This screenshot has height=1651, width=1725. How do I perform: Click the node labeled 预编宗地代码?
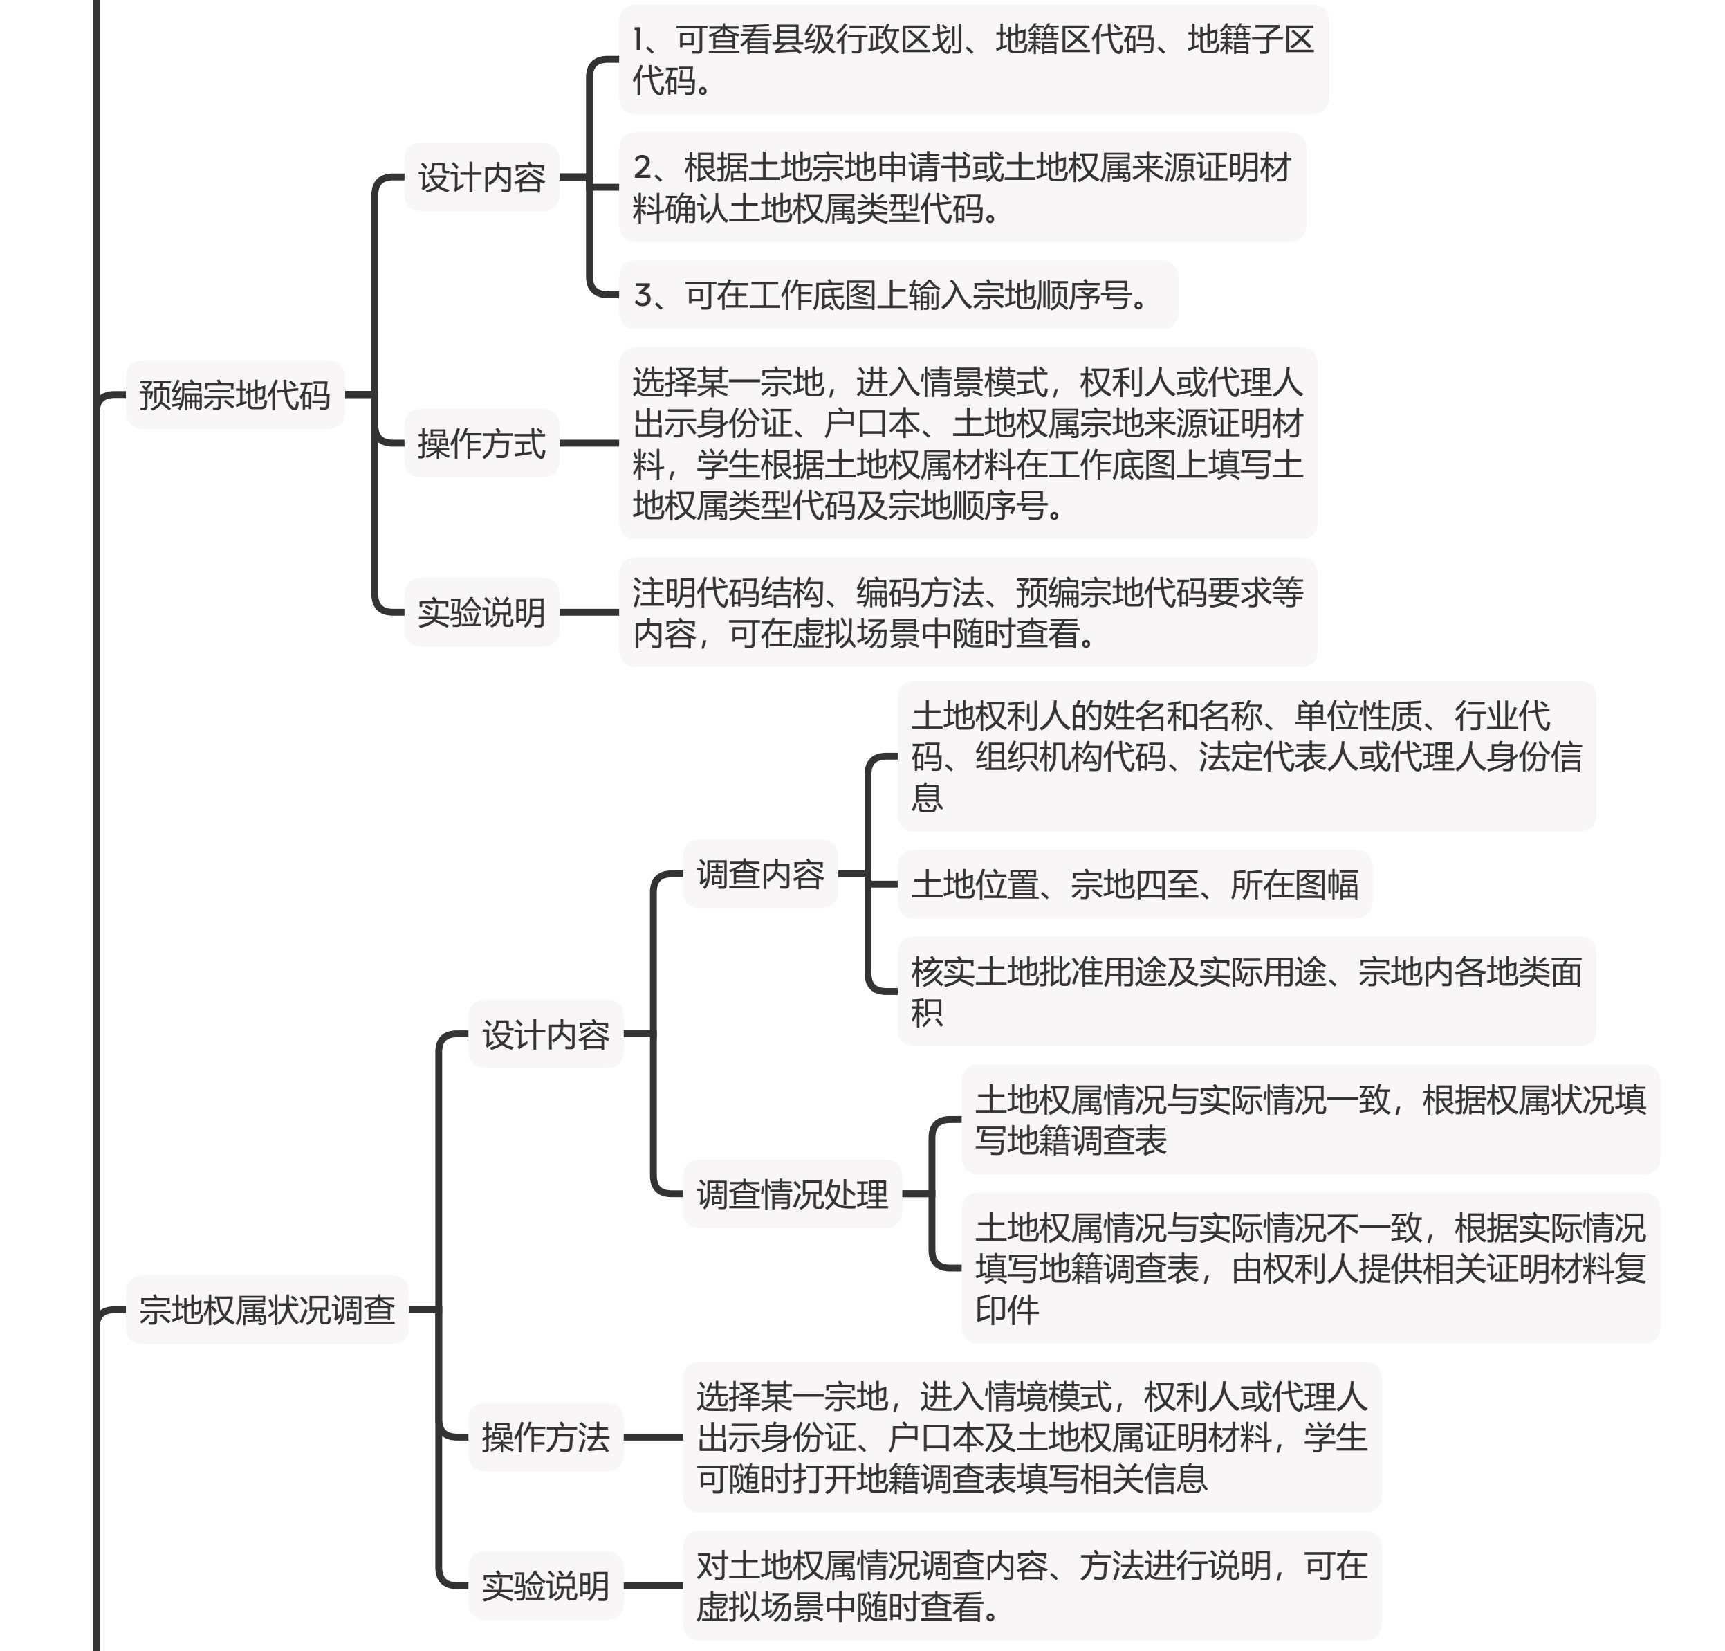click(235, 395)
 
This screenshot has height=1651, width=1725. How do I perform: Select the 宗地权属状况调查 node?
click(268, 1310)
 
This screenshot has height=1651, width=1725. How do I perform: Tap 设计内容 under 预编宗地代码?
click(482, 177)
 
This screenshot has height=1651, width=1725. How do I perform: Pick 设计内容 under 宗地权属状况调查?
click(546, 1034)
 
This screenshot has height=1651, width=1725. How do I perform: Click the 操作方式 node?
click(482, 444)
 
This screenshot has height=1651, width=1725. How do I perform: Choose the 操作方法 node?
click(546, 1437)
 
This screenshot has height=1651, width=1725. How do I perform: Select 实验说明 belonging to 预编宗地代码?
click(482, 612)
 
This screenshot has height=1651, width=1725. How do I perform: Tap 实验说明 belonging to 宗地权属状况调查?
click(546, 1586)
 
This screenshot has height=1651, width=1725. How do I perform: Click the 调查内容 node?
click(761, 874)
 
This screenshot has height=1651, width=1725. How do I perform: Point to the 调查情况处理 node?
click(793, 1194)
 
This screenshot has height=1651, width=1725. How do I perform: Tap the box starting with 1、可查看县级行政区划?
click(974, 60)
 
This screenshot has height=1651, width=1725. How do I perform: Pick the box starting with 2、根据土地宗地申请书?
click(962, 188)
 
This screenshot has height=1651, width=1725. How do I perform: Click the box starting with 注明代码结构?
click(968, 612)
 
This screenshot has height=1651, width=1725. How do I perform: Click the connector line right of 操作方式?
click(589, 444)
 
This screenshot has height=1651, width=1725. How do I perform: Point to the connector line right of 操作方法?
click(654, 1437)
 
